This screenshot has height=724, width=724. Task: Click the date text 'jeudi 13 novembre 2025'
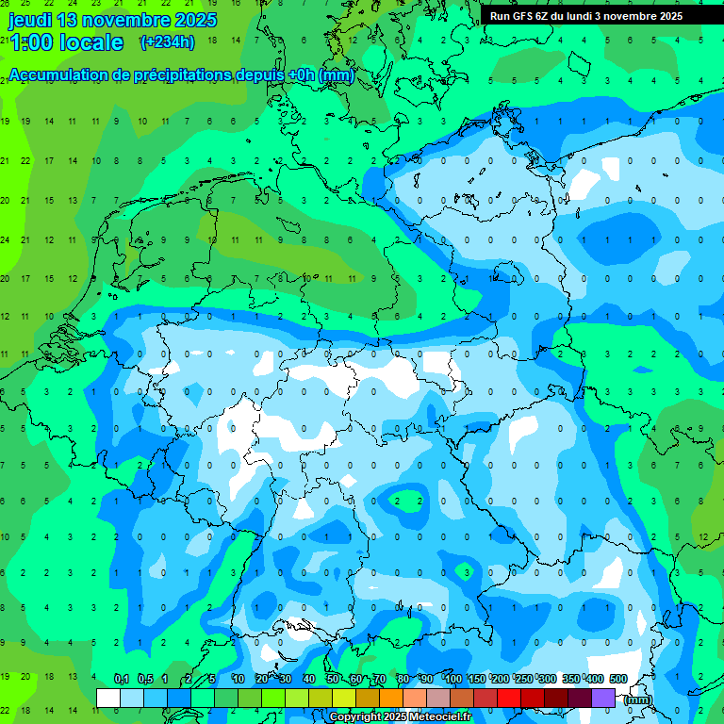[x=112, y=20]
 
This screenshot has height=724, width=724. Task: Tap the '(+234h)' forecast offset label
[x=167, y=41]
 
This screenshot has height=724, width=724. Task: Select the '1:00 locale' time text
[x=66, y=42]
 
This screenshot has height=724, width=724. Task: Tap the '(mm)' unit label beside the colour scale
[x=638, y=699]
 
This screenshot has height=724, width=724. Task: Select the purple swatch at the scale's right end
[x=603, y=698]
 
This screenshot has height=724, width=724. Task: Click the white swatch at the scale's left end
[x=108, y=698]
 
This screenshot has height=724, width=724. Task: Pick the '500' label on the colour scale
[x=618, y=679]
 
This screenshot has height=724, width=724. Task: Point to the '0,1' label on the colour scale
[x=121, y=679]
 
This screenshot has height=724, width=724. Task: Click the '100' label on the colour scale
[x=453, y=679]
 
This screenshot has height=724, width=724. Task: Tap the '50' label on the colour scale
[x=333, y=679]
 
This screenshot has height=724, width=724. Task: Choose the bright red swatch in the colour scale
[x=508, y=698]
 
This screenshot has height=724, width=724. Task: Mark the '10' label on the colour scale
[x=239, y=679]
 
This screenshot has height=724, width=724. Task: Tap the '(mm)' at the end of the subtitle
[x=336, y=75]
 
